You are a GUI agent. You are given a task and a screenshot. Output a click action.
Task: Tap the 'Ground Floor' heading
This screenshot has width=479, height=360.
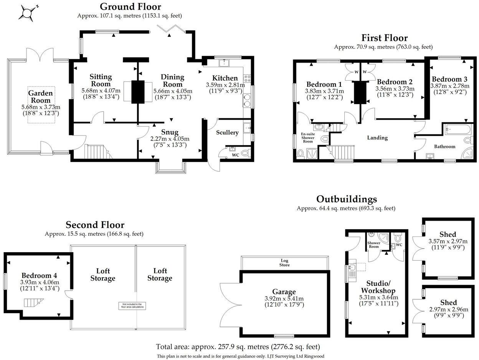(x=130, y=7)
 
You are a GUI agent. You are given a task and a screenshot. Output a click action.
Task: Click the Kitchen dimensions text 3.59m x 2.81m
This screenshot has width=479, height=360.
(x=225, y=85)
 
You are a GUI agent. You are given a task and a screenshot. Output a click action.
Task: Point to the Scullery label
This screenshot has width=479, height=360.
(x=227, y=132)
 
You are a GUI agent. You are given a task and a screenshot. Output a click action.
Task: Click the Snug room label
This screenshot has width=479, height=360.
(x=170, y=132)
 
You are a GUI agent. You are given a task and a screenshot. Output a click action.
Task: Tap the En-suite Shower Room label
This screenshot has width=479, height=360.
(x=308, y=137)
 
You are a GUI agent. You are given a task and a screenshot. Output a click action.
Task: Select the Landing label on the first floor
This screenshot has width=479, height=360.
(x=377, y=138)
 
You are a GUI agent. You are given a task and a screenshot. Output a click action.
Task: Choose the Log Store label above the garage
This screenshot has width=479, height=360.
(x=284, y=263)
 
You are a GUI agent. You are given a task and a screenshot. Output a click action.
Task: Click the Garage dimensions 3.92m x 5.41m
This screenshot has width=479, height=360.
(x=284, y=299)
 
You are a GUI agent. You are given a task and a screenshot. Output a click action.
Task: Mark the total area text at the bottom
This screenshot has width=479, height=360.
(x=238, y=347)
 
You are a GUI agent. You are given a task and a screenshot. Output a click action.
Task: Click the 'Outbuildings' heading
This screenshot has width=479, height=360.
(x=346, y=199)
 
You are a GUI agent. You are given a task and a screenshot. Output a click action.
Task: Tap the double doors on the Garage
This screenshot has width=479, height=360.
(x=230, y=304)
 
